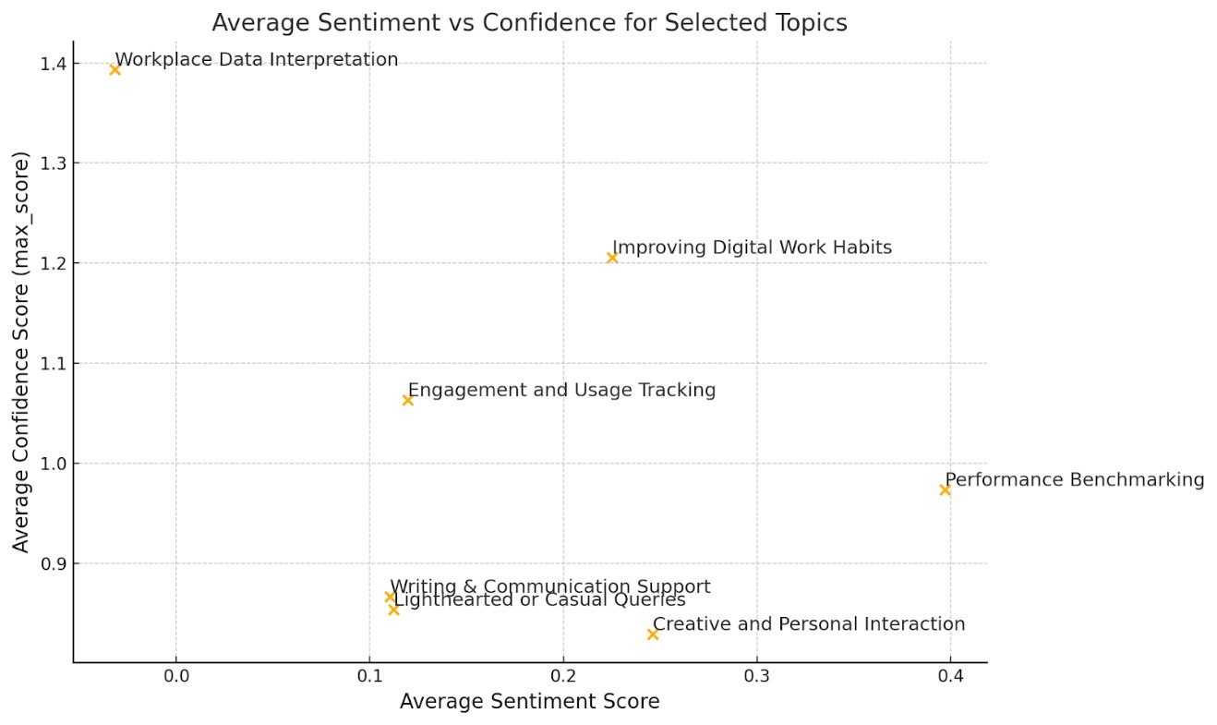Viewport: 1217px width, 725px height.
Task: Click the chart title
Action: [529, 23]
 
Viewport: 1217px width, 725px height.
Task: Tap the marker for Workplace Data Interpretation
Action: [114, 69]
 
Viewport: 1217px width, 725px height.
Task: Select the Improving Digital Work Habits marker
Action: [612, 258]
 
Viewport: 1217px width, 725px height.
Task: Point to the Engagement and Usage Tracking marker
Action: [407, 400]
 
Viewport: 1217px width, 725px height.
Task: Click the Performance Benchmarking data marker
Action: [945, 489]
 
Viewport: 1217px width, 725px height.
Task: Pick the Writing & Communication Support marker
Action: [390, 597]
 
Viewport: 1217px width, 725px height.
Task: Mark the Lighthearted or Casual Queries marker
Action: [393, 610]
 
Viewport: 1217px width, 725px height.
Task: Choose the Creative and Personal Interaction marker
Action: [653, 634]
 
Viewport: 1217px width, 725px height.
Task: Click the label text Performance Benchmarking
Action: [1075, 479]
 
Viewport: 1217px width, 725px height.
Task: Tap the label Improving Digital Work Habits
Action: [752, 248]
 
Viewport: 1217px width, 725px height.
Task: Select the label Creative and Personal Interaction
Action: [809, 624]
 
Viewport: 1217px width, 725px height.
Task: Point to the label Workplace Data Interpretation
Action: [257, 60]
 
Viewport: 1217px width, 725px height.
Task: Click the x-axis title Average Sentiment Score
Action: [529, 702]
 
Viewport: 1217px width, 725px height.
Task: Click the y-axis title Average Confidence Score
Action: [21, 352]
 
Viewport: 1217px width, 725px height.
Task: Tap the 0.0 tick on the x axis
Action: [175, 675]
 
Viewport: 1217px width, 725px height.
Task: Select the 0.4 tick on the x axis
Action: [950, 675]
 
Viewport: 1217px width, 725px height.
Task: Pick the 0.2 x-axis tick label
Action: [563, 675]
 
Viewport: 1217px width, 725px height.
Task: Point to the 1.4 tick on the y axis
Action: [54, 64]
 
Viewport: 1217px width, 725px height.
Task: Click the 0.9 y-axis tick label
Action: [54, 563]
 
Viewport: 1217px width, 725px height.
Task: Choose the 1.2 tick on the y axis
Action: [54, 263]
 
